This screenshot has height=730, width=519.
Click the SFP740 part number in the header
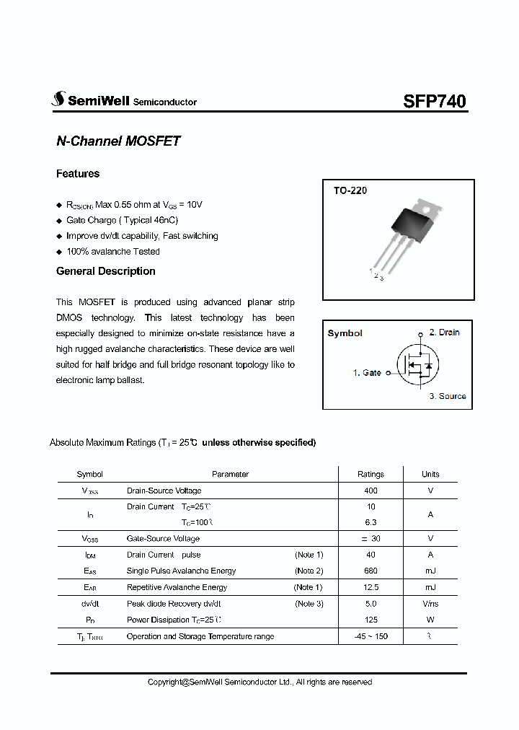[434, 101]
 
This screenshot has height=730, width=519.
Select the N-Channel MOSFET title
[118, 141]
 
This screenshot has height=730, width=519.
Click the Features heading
[78, 174]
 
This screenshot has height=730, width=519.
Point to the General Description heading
[106, 271]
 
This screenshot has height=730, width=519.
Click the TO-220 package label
[350, 191]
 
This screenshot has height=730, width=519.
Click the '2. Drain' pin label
[444, 333]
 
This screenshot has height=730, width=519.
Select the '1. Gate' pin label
[367, 373]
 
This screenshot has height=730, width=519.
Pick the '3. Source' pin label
[448, 396]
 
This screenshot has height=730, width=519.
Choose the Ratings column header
[371, 474]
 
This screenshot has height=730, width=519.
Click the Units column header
[430, 474]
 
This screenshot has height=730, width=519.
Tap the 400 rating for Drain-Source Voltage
[371, 491]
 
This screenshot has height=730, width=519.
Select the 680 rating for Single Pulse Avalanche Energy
[371, 571]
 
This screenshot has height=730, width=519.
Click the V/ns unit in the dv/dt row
[430, 604]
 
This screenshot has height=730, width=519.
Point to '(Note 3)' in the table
[309, 604]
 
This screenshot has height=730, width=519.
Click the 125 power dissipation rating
[371, 620]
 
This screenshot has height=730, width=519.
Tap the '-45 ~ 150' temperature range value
[371, 636]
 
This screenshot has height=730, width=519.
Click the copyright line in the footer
[259, 682]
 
